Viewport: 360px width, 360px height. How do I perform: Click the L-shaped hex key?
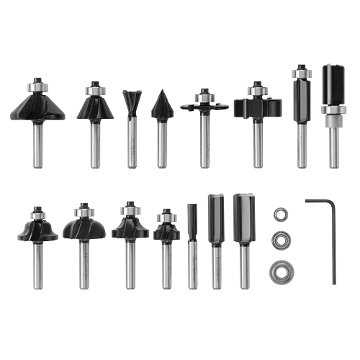(330, 245)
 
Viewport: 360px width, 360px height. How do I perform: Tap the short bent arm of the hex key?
(318, 203)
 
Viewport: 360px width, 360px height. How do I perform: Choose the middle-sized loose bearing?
(280, 241)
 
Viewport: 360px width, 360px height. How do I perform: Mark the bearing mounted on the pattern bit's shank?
(333, 118)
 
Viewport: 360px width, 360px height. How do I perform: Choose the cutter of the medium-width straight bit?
(215, 220)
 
